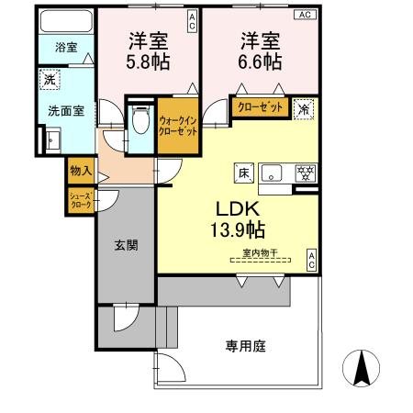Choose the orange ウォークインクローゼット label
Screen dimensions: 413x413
click(x=177, y=126)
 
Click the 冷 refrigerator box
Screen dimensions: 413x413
click(x=305, y=108)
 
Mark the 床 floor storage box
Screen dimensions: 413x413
click(x=244, y=172)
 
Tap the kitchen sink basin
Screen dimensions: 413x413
click(x=273, y=172)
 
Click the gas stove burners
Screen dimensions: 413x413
click(x=305, y=172)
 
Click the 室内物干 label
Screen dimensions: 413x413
click(x=260, y=251)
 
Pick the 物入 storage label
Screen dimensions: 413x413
click(x=80, y=170)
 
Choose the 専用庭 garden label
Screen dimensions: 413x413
click(x=245, y=346)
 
